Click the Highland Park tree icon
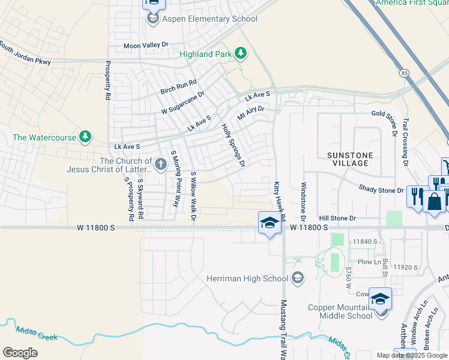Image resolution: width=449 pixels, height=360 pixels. (x=241, y=54)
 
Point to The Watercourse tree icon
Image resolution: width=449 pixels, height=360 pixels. (x=86, y=137)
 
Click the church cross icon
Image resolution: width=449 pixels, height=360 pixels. (x=160, y=164)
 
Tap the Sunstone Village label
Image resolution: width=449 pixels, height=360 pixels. (x=350, y=159)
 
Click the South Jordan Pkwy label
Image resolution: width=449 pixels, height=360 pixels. (x=25, y=54)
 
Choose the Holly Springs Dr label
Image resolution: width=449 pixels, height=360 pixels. (x=234, y=145)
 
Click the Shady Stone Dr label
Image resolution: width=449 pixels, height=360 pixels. (x=381, y=190)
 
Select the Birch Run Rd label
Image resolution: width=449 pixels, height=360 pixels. (x=178, y=87)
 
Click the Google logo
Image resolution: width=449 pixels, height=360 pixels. (x=20, y=352)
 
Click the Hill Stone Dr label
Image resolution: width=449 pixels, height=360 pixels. (x=337, y=218)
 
